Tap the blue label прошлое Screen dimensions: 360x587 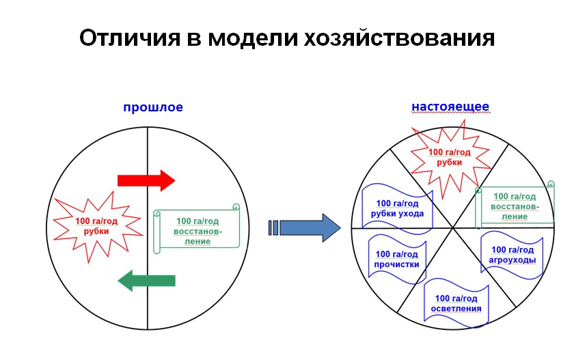153,107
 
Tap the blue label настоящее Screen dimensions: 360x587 450,107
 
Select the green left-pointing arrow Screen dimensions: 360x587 146,279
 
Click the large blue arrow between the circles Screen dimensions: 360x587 309,227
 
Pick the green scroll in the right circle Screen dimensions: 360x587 514,205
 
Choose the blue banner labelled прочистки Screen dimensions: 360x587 397,258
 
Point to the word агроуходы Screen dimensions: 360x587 512,260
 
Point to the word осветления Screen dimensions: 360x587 456,308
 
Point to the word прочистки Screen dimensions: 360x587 397,264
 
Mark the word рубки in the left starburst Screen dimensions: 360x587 96,231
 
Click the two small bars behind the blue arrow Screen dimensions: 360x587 273,227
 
